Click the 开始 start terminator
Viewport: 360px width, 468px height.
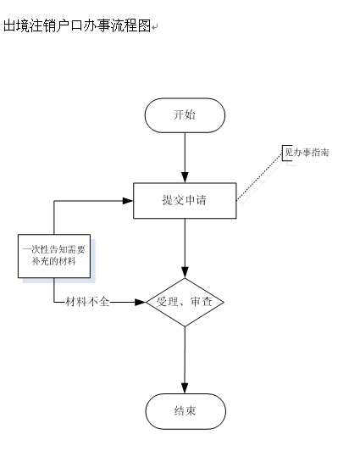click(185, 115)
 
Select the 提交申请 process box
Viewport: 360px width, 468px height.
click(185, 201)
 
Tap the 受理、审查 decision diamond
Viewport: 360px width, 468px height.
click(185, 302)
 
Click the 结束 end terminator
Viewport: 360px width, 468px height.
click(186, 411)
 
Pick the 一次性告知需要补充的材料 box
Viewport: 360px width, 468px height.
click(54, 256)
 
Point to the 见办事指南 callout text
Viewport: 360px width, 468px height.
click(307, 153)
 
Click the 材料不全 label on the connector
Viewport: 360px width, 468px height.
click(87, 302)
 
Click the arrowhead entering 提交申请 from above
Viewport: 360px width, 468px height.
click(185, 177)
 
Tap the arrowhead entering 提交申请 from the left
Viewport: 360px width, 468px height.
click(128, 201)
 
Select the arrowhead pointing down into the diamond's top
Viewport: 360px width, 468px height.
click(185, 272)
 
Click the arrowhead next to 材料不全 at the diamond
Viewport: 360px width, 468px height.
click(140, 302)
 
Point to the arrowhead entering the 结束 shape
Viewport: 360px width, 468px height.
click(185, 388)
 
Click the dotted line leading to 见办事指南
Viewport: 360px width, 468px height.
click(259, 176)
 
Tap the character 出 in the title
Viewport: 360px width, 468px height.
click(10, 25)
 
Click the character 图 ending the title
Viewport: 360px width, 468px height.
click(144, 25)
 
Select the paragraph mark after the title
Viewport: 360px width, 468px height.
click(154, 28)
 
